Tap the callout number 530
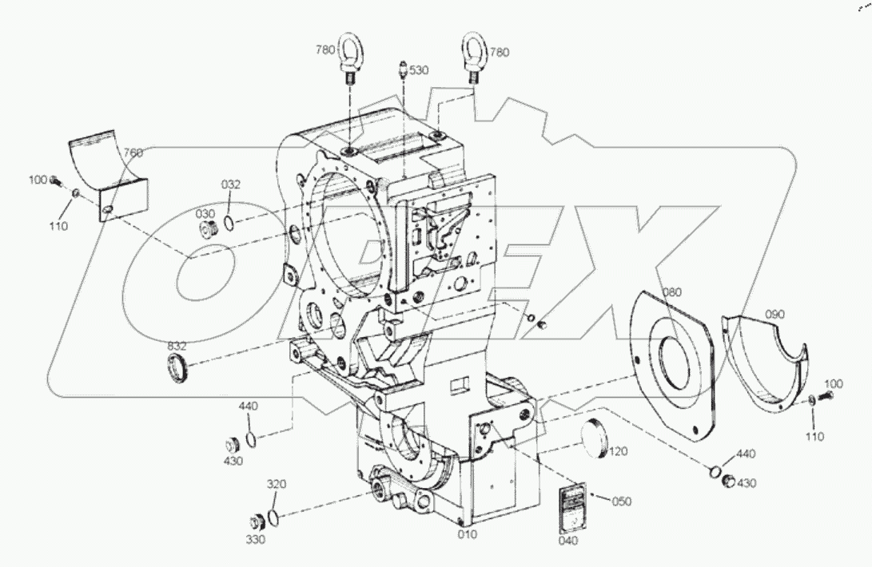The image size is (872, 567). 419,70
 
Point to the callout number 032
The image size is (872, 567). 231,184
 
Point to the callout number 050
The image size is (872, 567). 621,502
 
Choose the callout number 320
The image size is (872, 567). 276,484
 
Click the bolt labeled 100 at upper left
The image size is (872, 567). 57,181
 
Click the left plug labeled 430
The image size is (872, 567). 235,444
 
